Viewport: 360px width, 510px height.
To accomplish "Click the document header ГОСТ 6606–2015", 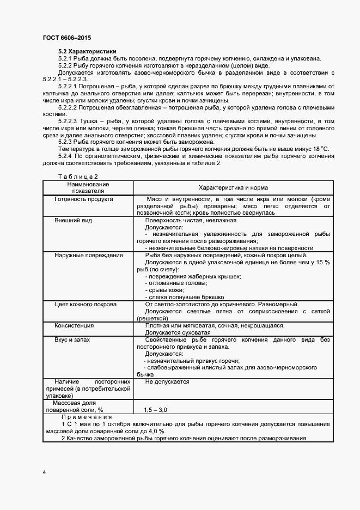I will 66,38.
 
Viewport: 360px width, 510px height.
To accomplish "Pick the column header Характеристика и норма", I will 232,187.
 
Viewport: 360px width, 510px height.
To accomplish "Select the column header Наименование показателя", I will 88,188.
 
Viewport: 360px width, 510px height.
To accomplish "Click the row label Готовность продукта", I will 84,199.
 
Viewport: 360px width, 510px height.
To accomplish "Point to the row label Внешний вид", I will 73,221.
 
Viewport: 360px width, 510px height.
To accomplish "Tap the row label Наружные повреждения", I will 88,255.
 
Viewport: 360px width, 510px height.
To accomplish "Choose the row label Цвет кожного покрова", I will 88,304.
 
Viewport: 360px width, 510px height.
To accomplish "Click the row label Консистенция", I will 74,325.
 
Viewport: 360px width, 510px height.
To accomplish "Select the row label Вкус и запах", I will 72,339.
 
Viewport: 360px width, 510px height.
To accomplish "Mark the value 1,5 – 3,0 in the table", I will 156,409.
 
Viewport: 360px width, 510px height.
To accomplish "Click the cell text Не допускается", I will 167,382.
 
